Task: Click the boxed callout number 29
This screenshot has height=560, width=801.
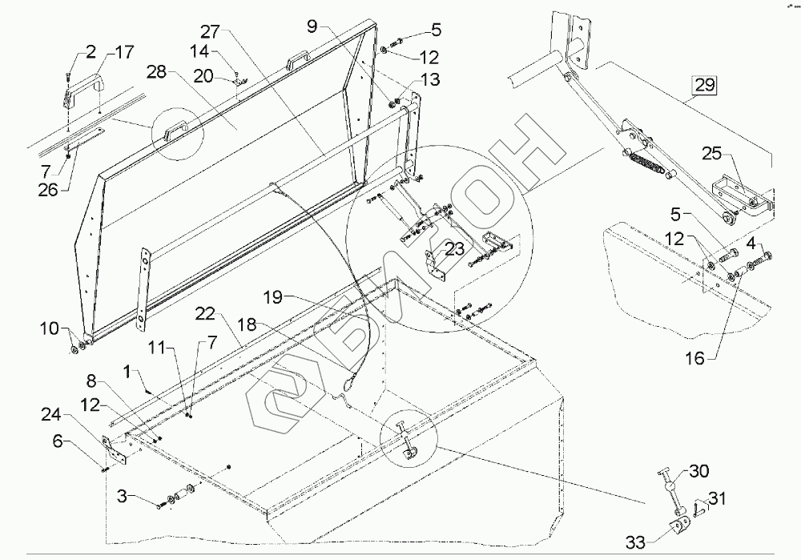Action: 704,85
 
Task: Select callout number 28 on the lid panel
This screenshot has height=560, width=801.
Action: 157,72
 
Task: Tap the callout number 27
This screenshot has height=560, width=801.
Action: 210,32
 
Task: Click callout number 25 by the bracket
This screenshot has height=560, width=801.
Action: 711,153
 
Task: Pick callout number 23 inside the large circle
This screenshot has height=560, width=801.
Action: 454,249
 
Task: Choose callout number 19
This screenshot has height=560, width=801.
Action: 274,297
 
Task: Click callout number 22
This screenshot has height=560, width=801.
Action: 205,314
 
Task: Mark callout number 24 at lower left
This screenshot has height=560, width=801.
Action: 51,414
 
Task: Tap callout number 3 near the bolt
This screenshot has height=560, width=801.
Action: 122,495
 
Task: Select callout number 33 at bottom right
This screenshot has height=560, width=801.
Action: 635,542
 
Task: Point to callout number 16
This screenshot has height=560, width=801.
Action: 694,358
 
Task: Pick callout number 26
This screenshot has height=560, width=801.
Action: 48,190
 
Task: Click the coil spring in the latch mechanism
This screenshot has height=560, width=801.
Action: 646,163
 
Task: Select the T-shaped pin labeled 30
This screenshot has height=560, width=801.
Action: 669,488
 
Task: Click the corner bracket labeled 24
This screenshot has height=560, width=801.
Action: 114,450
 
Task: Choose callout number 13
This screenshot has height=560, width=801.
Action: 430,79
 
